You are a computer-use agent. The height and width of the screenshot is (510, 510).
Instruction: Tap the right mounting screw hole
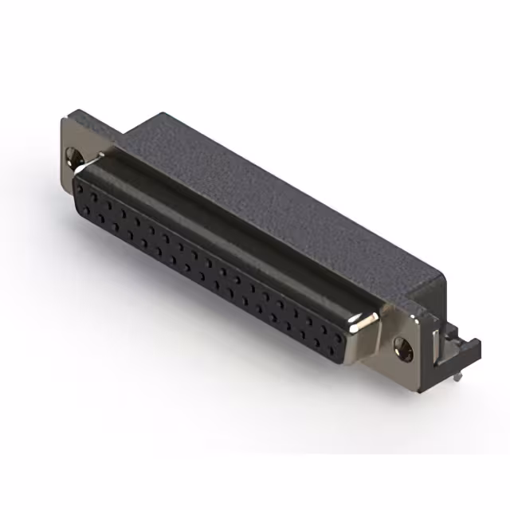click(402, 346)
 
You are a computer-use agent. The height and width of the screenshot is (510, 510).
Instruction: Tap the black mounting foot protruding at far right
click(466, 351)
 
